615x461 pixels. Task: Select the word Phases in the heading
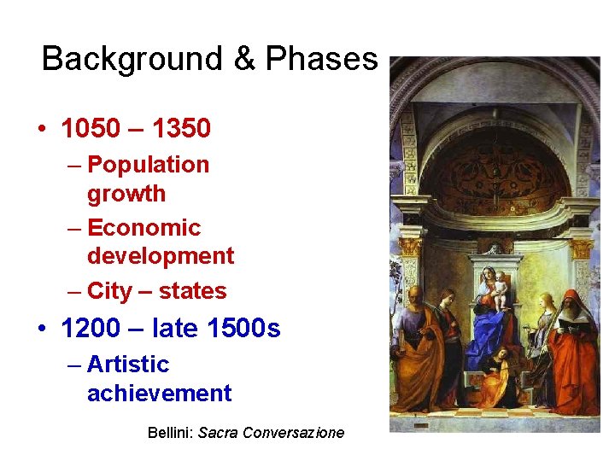coord(321,59)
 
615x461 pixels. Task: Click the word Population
coord(148,164)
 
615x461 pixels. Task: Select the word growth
coord(126,193)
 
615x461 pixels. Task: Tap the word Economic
coord(143,228)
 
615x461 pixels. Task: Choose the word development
coord(161,256)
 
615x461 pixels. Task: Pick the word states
coord(192,291)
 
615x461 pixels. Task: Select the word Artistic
coord(128,365)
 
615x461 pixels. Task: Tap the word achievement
coord(159,394)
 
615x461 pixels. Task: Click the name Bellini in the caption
coord(170,433)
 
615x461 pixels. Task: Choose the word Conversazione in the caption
coord(293,433)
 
